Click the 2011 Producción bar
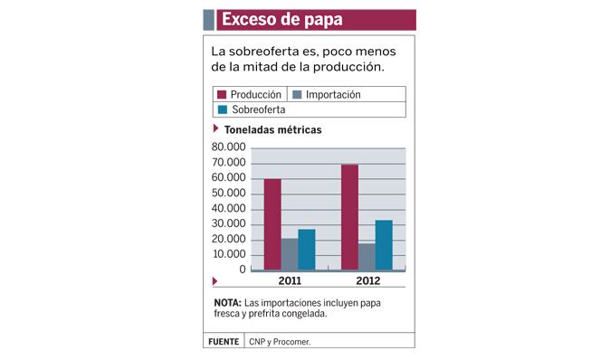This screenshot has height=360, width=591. (272, 224)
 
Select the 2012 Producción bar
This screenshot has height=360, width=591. (349, 217)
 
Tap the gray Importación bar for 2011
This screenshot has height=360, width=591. (290, 254)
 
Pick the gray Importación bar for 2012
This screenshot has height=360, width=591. (367, 257)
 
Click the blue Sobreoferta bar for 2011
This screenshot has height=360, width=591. (307, 250)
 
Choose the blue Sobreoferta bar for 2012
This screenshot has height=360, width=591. (384, 245)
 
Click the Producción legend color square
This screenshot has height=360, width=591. (222, 94)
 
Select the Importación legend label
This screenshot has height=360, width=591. (333, 94)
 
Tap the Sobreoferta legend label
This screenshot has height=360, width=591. (259, 109)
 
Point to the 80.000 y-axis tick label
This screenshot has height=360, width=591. (228, 147)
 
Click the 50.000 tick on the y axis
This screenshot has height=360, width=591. (228, 193)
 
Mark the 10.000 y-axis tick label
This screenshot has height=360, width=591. (229, 254)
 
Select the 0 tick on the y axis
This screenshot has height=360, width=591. (243, 270)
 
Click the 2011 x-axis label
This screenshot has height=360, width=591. (290, 280)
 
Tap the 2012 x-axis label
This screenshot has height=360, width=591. (368, 280)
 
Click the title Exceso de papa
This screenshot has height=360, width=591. (282, 20)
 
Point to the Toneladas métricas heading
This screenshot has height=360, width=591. (273, 129)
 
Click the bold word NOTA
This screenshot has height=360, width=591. (228, 303)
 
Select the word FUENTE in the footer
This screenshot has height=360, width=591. (224, 342)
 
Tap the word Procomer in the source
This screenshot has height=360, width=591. (291, 342)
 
